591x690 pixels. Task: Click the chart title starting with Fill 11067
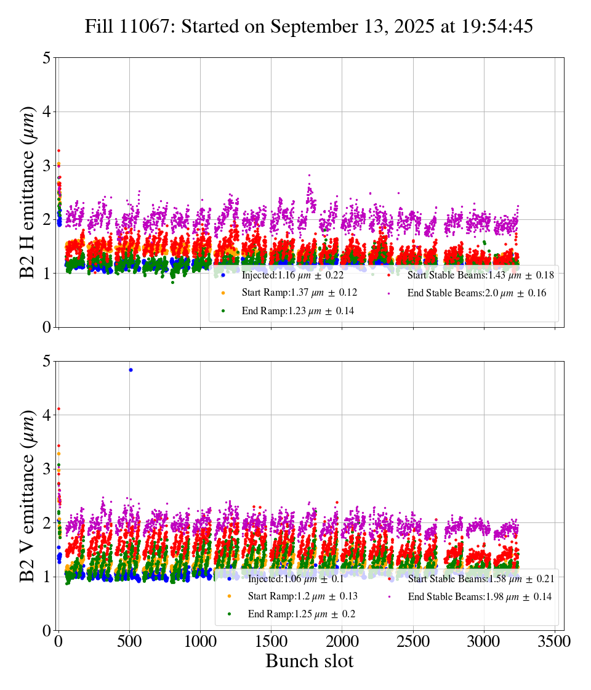coord(309,27)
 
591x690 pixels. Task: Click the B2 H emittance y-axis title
coord(28,192)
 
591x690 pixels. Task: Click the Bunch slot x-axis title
coord(309,662)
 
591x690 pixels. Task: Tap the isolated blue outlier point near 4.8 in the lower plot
coord(131,370)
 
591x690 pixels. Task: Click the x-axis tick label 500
coord(129,641)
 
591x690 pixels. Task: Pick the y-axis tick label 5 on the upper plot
coord(46,58)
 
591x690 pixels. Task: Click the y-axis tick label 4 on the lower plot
coord(46,415)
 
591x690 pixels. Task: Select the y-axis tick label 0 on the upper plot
coord(46,327)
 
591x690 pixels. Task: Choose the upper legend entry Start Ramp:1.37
coord(299,293)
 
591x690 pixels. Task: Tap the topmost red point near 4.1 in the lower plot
coord(58,408)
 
